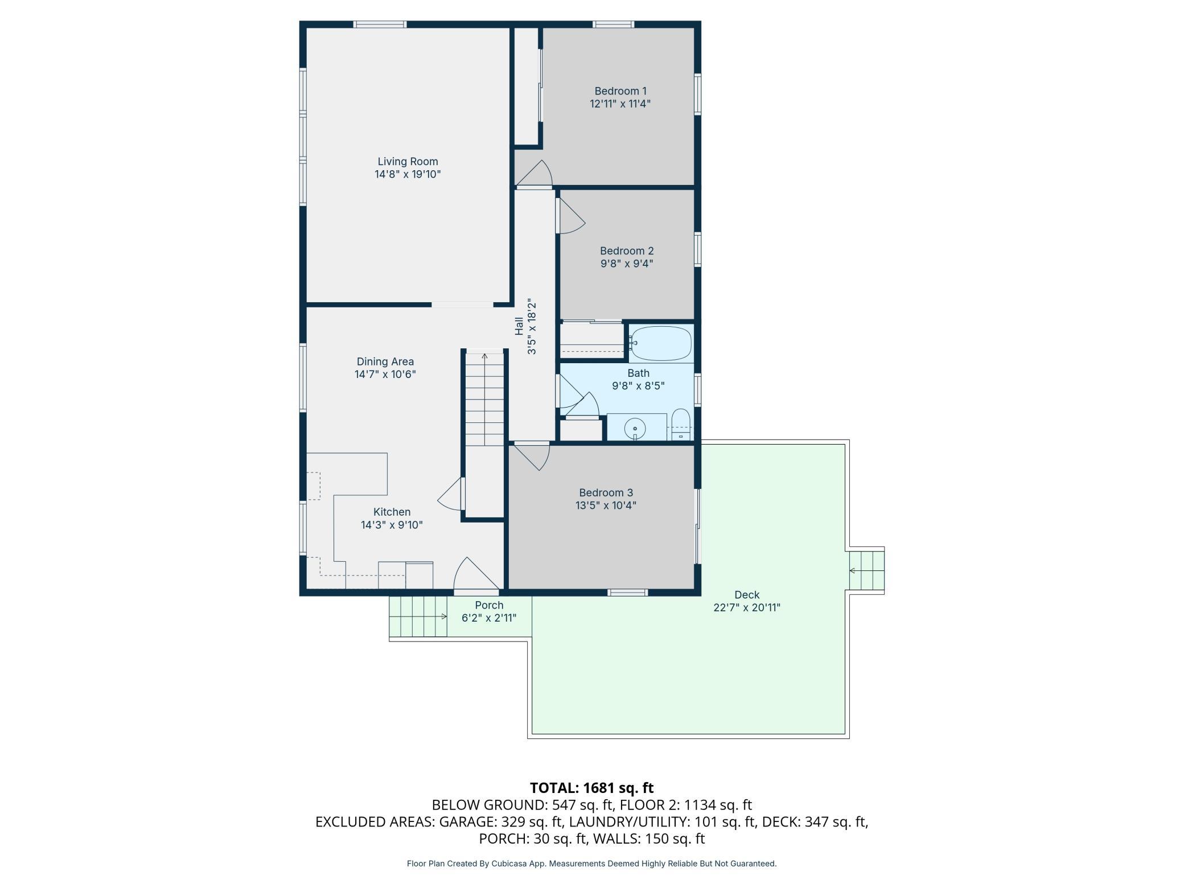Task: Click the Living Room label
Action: click(408, 162)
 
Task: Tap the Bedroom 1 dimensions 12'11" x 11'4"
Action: click(620, 104)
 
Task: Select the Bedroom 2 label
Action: click(627, 251)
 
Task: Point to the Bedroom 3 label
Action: click(606, 493)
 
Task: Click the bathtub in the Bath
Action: click(660, 343)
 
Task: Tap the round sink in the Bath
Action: click(635, 427)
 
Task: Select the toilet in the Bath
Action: click(681, 424)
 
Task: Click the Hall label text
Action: click(519, 326)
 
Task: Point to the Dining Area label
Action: click(385, 361)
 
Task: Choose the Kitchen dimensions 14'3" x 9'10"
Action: click(392, 525)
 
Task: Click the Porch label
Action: click(489, 605)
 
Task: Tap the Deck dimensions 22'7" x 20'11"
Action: click(747, 607)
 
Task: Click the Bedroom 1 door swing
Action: click(536, 173)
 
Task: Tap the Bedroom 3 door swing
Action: click(531, 457)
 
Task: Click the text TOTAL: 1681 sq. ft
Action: click(591, 788)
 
